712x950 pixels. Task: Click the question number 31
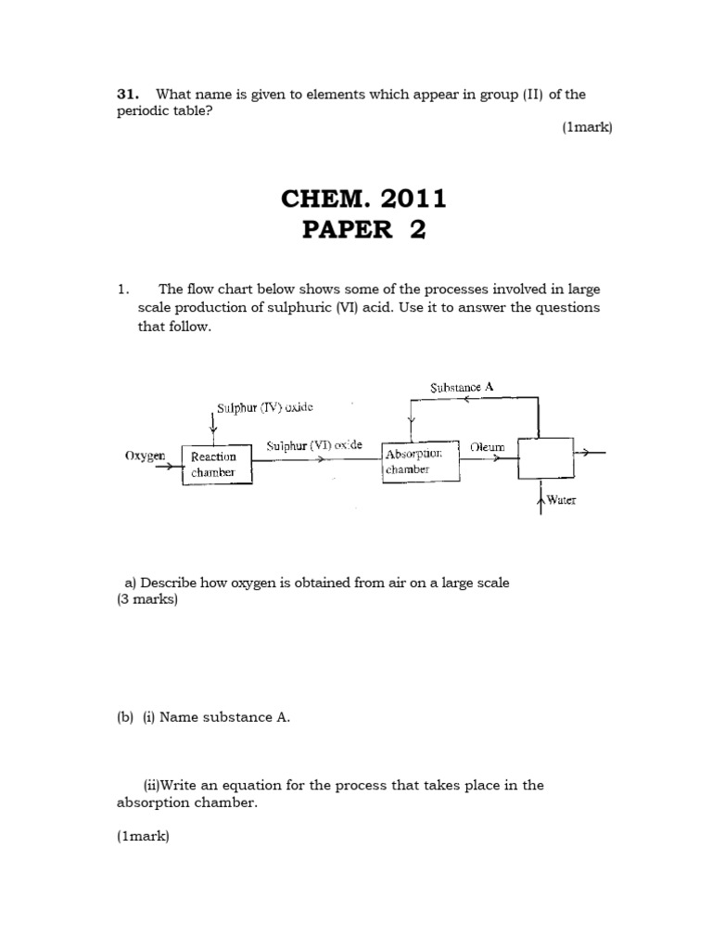(127, 94)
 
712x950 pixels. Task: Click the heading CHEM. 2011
(363, 198)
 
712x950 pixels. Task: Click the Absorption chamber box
(420, 461)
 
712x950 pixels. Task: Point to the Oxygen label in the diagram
(145, 456)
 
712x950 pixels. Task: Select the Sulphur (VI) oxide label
(314, 445)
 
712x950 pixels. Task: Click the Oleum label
(488, 446)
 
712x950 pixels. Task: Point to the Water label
(562, 500)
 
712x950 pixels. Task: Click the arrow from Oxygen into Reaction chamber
(171, 467)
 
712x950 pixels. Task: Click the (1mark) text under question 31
(587, 128)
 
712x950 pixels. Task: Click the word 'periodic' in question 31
(144, 110)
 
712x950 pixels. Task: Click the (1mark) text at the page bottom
(143, 836)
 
